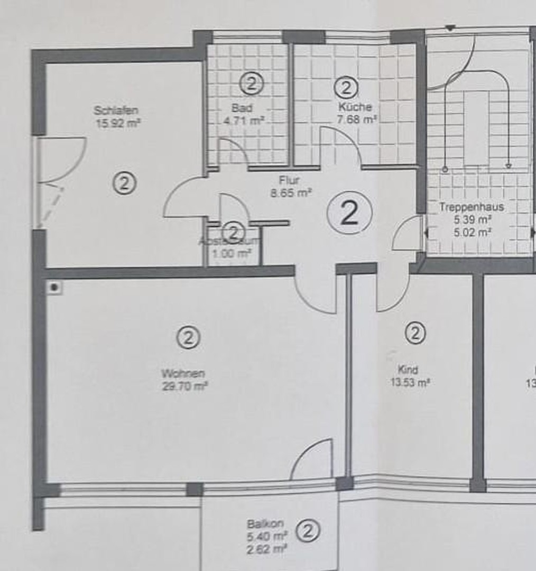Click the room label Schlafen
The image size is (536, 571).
pyautogui.click(x=116, y=110)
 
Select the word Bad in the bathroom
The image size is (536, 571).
pyautogui.click(x=242, y=108)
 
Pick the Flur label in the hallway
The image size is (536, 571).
pyautogui.click(x=289, y=181)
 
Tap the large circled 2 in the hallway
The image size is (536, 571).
pyautogui.click(x=350, y=213)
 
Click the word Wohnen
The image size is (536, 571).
pyautogui.click(x=183, y=374)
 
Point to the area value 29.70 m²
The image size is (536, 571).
pyautogui.click(x=184, y=386)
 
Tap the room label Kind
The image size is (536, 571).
pyautogui.click(x=408, y=370)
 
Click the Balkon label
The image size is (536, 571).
pyautogui.click(x=265, y=524)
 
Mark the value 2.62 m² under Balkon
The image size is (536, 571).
pyautogui.click(x=267, y=550)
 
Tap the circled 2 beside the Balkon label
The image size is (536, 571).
pyautogui.click(x=308, y=531)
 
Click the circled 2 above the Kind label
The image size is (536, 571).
pyautogui.click(x=415, y=333)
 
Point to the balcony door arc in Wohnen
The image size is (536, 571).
pyautogui.click(x=313, y=458)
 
